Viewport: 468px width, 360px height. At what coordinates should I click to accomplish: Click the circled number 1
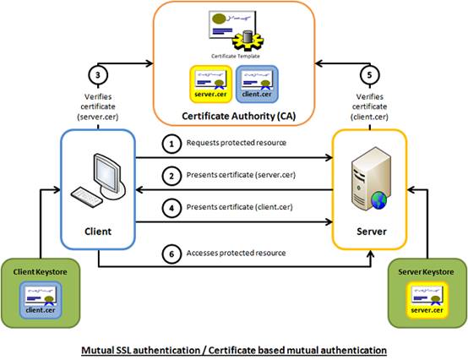[171, 144]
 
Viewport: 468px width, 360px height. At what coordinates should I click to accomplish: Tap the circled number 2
[171, 176]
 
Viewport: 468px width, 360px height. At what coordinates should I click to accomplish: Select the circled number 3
[98, 75]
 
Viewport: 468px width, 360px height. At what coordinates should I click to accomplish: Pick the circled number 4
[171, 208]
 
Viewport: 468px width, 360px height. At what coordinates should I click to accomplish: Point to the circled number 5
[370, 75]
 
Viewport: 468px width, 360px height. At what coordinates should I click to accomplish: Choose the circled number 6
[171, 254]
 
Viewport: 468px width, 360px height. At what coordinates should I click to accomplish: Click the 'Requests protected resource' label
[237, 143]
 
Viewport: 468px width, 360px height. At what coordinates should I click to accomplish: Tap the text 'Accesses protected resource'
[236, 254]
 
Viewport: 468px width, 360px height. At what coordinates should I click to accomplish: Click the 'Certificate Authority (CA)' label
[239, 116]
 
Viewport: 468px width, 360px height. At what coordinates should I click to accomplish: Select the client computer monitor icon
[109, 176]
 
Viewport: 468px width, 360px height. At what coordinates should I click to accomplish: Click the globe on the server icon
[379, 200]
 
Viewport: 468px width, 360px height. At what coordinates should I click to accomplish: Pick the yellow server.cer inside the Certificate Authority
[210, 84]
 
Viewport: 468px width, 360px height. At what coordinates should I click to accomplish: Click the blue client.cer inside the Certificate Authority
[257, 84]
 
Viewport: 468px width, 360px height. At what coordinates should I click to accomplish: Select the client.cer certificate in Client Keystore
[41, 300]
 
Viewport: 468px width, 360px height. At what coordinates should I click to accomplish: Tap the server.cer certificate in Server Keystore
[427, 300]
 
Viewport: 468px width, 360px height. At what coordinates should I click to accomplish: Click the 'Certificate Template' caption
[236, 56]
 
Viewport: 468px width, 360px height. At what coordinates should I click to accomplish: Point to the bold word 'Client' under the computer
[98, 232]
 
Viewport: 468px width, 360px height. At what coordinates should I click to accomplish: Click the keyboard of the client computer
[86, 197]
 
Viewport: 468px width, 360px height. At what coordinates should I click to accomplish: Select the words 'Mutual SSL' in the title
[106, 350]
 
